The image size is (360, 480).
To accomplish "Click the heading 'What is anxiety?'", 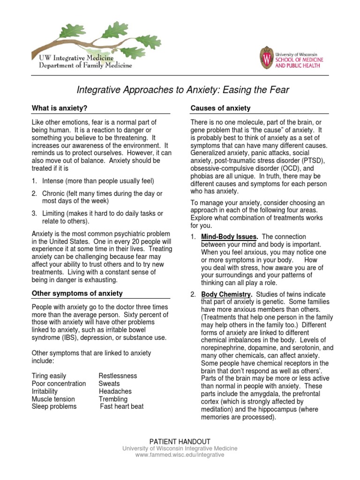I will [60, 108].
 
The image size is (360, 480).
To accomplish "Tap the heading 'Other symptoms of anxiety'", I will [77, 293].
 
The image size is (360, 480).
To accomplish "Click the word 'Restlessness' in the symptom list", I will [118, 376].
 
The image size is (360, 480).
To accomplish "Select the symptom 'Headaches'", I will [115, 391].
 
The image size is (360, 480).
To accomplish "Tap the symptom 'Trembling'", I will [113, 399].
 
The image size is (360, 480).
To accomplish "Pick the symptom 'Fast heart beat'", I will [122, 406].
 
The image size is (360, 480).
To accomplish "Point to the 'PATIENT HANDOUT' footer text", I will [180, 442].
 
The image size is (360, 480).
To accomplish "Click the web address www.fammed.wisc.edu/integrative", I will [180, 455].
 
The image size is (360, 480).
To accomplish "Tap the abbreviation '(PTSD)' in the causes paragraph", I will [292, 161].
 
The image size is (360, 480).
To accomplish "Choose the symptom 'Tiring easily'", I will [49, 376].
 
